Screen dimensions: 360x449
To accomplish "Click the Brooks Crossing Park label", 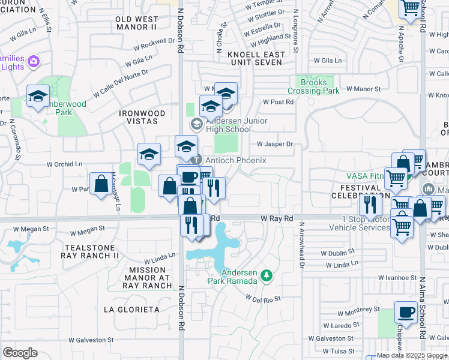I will coord(314,86).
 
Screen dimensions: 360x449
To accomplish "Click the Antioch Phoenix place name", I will coord(235,160).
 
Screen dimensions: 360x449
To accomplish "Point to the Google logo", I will coord(20,353).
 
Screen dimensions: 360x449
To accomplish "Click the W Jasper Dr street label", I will coord(275,144).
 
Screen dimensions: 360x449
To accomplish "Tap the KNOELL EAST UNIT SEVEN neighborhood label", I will coord(255,58).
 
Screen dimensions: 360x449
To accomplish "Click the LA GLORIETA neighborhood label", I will coord(131,310).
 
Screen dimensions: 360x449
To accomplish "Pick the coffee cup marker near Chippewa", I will coord(406,313).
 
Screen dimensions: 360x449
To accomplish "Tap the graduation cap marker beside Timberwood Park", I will coord(38,96).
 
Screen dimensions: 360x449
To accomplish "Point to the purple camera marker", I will coord(34,61).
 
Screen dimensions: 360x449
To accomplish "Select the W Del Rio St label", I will coord(264,298).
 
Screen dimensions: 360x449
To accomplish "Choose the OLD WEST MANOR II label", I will coord(136,23).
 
